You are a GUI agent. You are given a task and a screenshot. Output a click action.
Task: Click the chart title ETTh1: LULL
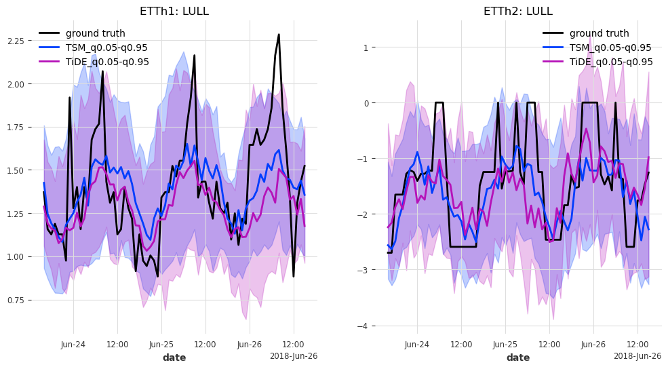pos(174,12)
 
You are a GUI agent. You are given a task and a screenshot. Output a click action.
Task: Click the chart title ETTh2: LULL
pos(518,12)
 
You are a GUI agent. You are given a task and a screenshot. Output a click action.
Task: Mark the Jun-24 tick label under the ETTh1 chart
pos(73,345)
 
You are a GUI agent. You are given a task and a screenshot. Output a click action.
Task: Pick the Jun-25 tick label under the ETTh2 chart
pos(505,345)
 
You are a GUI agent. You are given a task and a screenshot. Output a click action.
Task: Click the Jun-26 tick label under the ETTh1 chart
pos(250,345)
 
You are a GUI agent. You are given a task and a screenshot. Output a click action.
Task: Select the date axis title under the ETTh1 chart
pos(174,357)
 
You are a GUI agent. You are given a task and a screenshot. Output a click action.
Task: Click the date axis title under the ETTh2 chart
pos(518,357)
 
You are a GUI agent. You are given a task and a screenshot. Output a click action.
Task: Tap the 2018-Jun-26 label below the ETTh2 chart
pos(637,356)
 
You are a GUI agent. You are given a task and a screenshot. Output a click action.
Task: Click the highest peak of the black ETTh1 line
pos(279,34)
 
